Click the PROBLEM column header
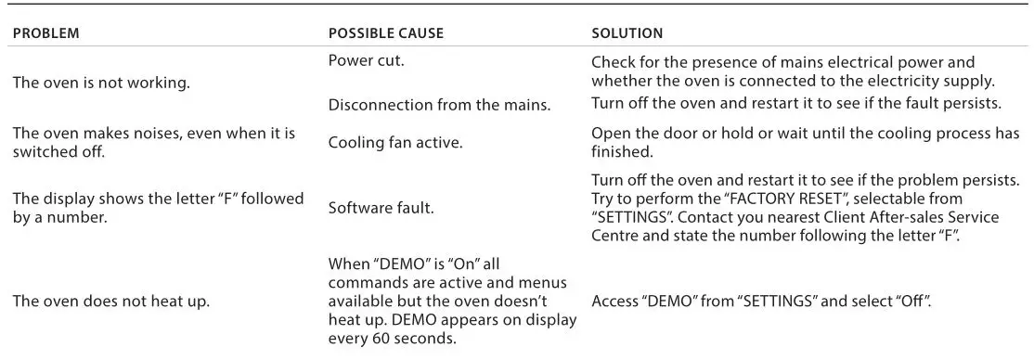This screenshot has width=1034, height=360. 45,33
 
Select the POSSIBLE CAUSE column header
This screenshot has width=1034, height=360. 386,33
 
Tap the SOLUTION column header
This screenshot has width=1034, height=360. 627,33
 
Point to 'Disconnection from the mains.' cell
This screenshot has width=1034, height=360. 439,104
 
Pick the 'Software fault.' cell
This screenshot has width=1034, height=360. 381,208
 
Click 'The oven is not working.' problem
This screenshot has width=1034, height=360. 100,83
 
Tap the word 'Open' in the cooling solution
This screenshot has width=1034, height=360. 609,133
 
